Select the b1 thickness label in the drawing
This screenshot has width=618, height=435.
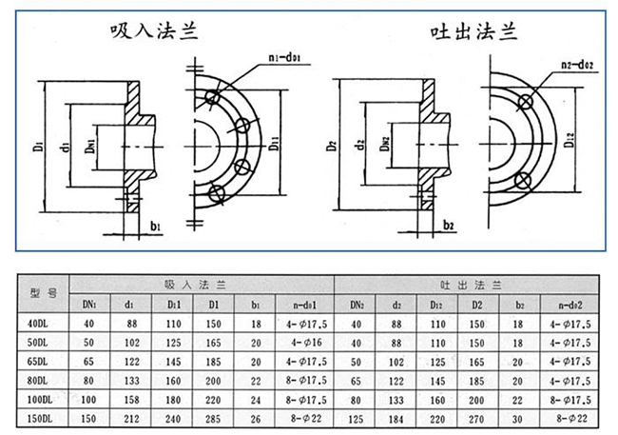click(x=157, y=227)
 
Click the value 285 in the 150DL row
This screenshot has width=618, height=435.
click(x=215, y=416)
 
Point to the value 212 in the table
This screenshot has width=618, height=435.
click(x=131, y=416)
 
